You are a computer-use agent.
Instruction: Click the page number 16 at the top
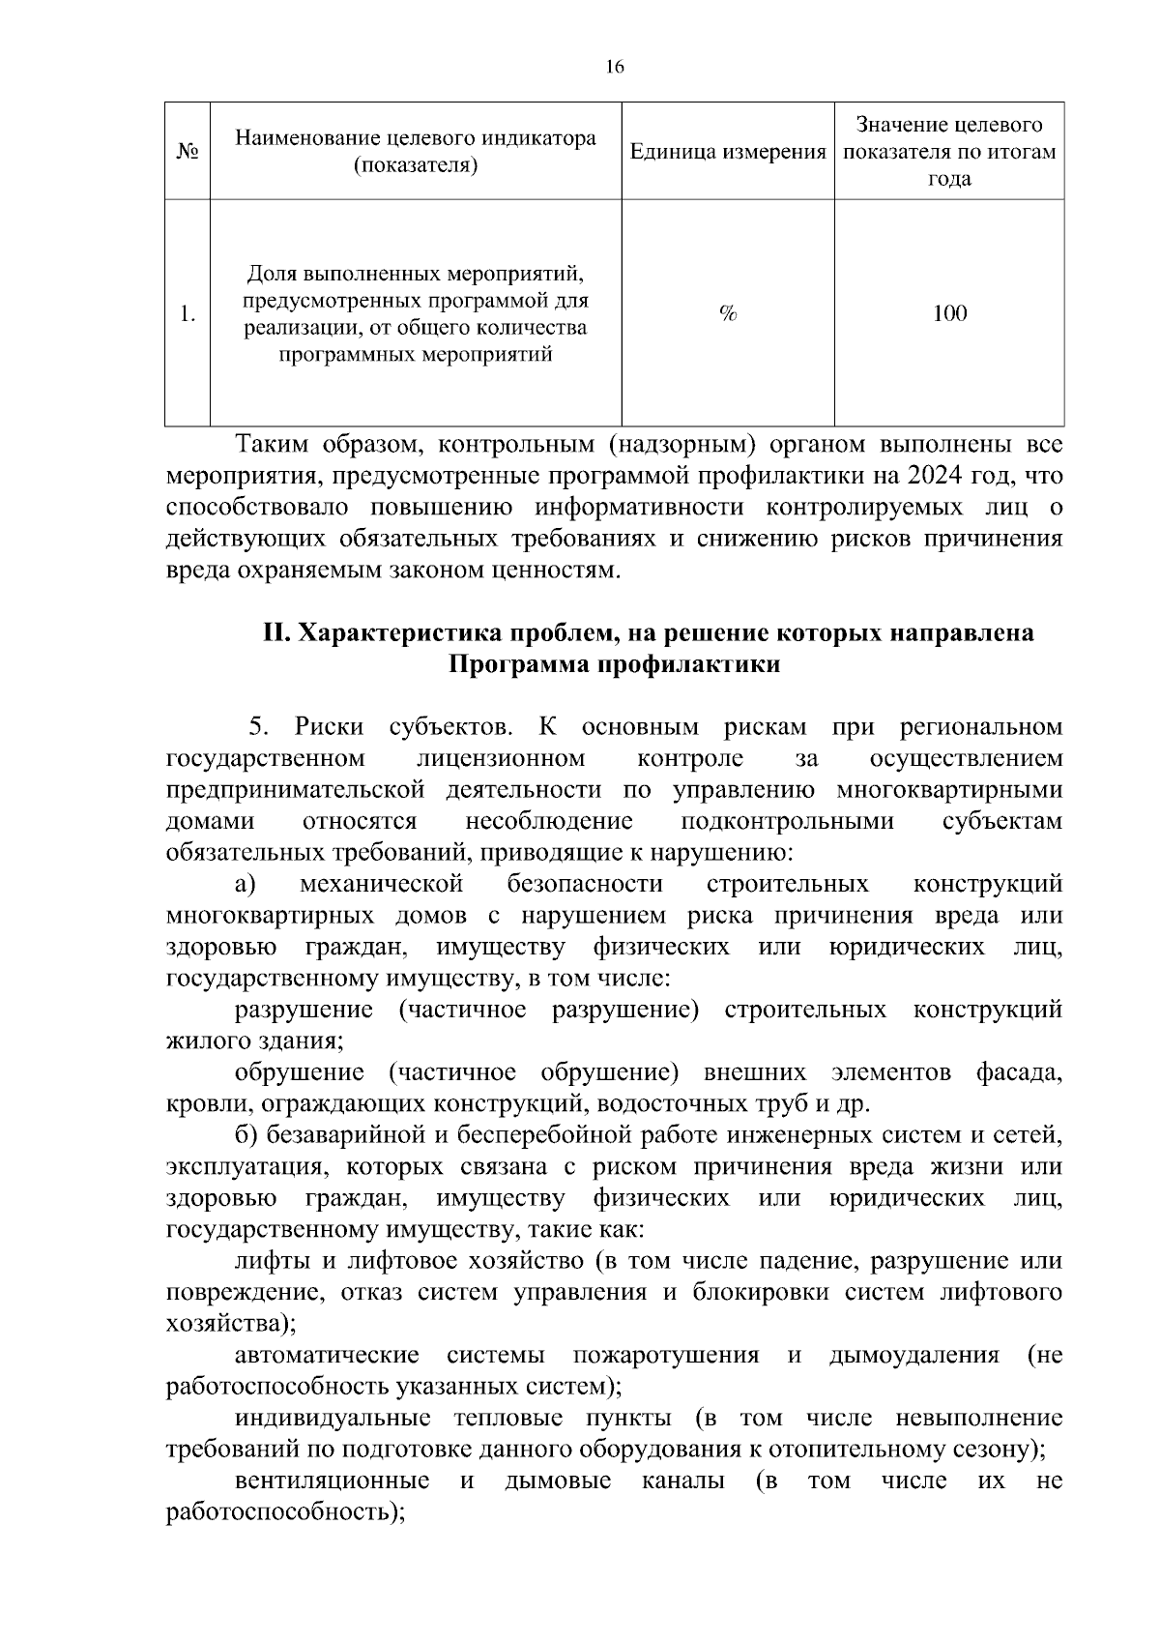(615, 67)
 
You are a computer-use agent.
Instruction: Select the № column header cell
(188, 153)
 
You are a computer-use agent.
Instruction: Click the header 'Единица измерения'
(727, 153)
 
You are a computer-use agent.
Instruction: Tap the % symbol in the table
(728, 313)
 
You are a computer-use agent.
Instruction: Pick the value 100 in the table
(949, 313)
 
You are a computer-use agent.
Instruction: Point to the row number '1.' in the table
(188, 313)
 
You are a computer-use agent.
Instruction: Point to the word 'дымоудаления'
(913, 1356)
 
